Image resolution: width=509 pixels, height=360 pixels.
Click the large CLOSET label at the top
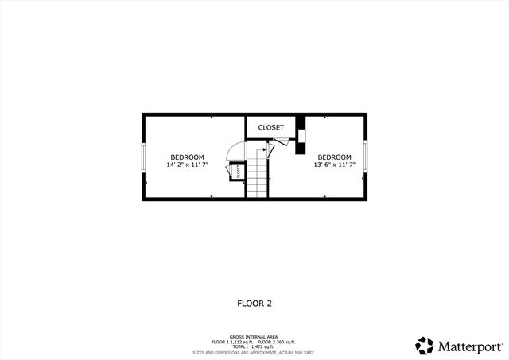coord(270,127)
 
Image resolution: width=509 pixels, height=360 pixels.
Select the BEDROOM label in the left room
coord(187,157)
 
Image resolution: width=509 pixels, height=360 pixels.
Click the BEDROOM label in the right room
coord(335,157)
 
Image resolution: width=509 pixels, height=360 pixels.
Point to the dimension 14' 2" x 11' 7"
coord(187,165)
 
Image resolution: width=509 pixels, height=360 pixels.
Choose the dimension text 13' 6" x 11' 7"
coord(335,165)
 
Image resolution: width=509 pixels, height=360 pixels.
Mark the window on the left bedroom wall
coord(144,157)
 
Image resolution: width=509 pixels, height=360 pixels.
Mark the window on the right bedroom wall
coord(367,157)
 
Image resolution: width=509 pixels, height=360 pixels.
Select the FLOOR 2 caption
coord(254,303)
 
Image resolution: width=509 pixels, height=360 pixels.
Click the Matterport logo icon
coord(425,345)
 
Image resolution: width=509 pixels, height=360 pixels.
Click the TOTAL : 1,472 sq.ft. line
coord(254,346)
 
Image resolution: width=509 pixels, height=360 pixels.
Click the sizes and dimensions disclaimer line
coord(254,352)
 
